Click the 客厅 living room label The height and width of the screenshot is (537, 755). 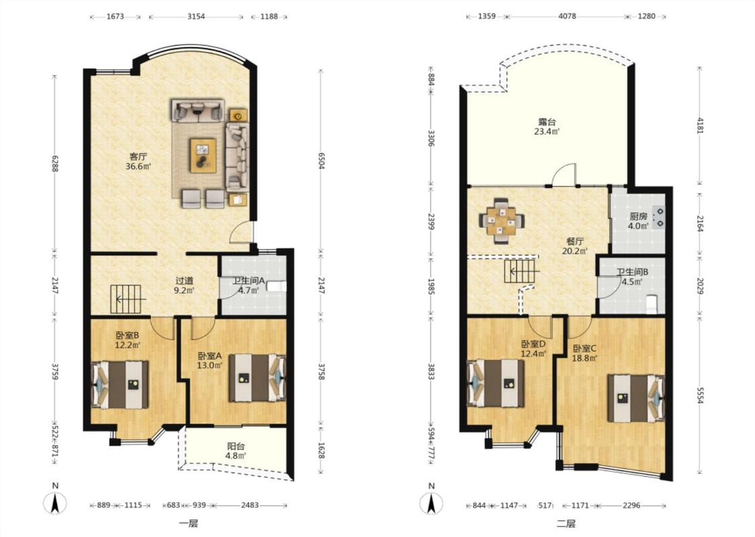(138, 156)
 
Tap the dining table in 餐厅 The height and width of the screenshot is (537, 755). (502, 221)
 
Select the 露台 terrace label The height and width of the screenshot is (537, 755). (546, 122)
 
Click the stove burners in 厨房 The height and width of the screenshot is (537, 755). (659, 217)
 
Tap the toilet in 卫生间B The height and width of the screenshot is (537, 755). (652, 304)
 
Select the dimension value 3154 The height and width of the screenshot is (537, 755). (196, 16)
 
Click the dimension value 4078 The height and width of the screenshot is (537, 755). (566, 16)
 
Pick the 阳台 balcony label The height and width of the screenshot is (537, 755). (236, 446)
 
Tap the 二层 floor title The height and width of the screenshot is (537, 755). (566, 524)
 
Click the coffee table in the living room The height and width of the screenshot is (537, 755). (203, 155)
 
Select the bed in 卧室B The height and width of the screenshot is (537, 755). (120, 385)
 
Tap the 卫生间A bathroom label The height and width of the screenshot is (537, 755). (249, 281)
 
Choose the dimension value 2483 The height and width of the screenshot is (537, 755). (250, 505)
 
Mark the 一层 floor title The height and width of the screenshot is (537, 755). (189, 524)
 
